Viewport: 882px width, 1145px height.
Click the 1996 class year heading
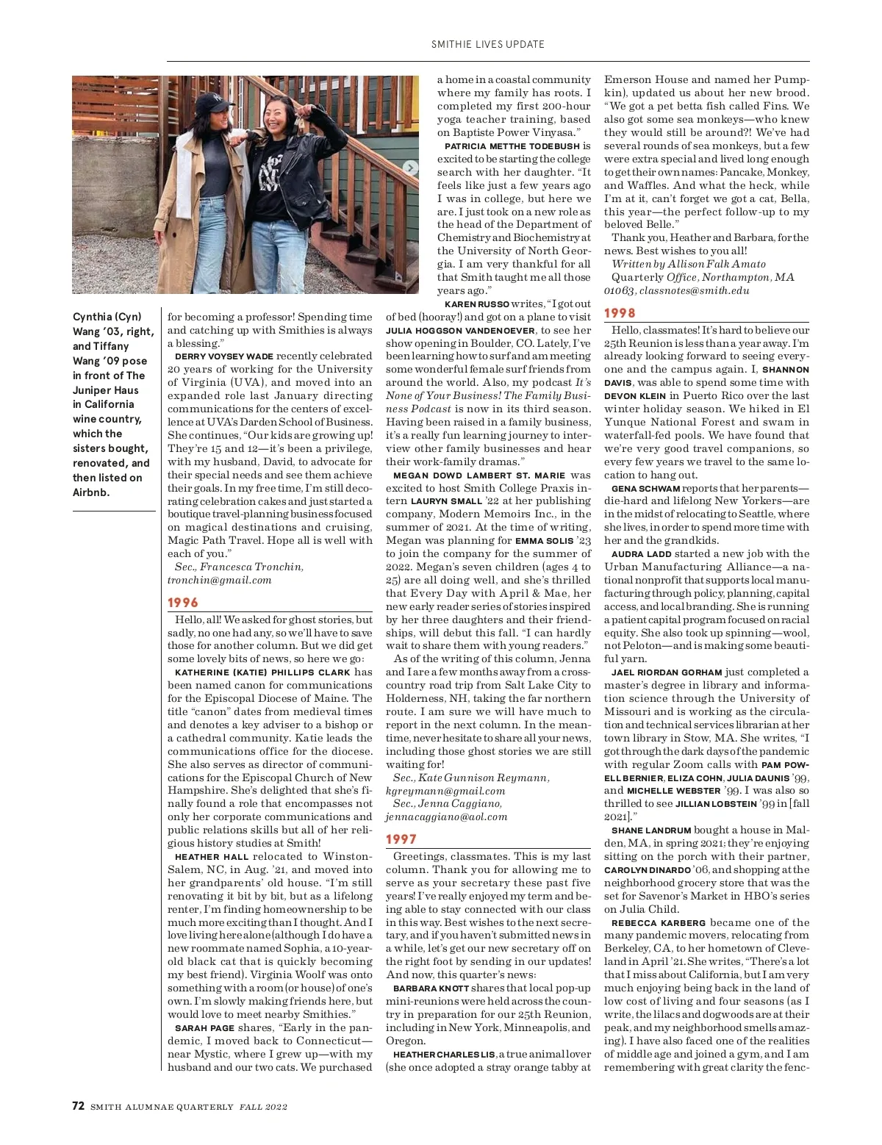pyautogui.click(x=183, y=603)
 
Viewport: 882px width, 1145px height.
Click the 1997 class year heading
pyautogui.click(x=401, y=839)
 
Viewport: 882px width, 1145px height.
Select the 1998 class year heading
pyautogui.click(x=620, y=313)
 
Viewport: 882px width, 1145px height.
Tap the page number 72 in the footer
pyautogui.click(x=79, y=1106)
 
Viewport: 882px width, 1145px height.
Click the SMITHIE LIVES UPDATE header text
pyautogui.click(x=488, y=44)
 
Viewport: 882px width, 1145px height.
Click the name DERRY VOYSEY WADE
pyautogui.click(x=223, y=356)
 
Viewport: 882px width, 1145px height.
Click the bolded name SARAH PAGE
pyautogui.click(x=204, y=1028)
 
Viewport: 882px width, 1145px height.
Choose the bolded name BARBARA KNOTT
pyautogui.click(x=431, y=988)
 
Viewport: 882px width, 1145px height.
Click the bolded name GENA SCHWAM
pyautogui.click(x=645, y=489)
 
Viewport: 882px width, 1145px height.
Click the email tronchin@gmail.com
pyautogui.click(x=219, y=580)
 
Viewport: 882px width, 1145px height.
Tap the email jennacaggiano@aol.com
pyautogui.click(x=446, y=816)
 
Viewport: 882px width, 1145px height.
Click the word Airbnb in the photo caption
pyautogui.click(x=91, y=492)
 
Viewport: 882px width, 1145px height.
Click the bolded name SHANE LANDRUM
pyautogui.click(x=651, y=830)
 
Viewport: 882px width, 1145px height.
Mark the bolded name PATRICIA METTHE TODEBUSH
pyautogui.click(x=512, y=146)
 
